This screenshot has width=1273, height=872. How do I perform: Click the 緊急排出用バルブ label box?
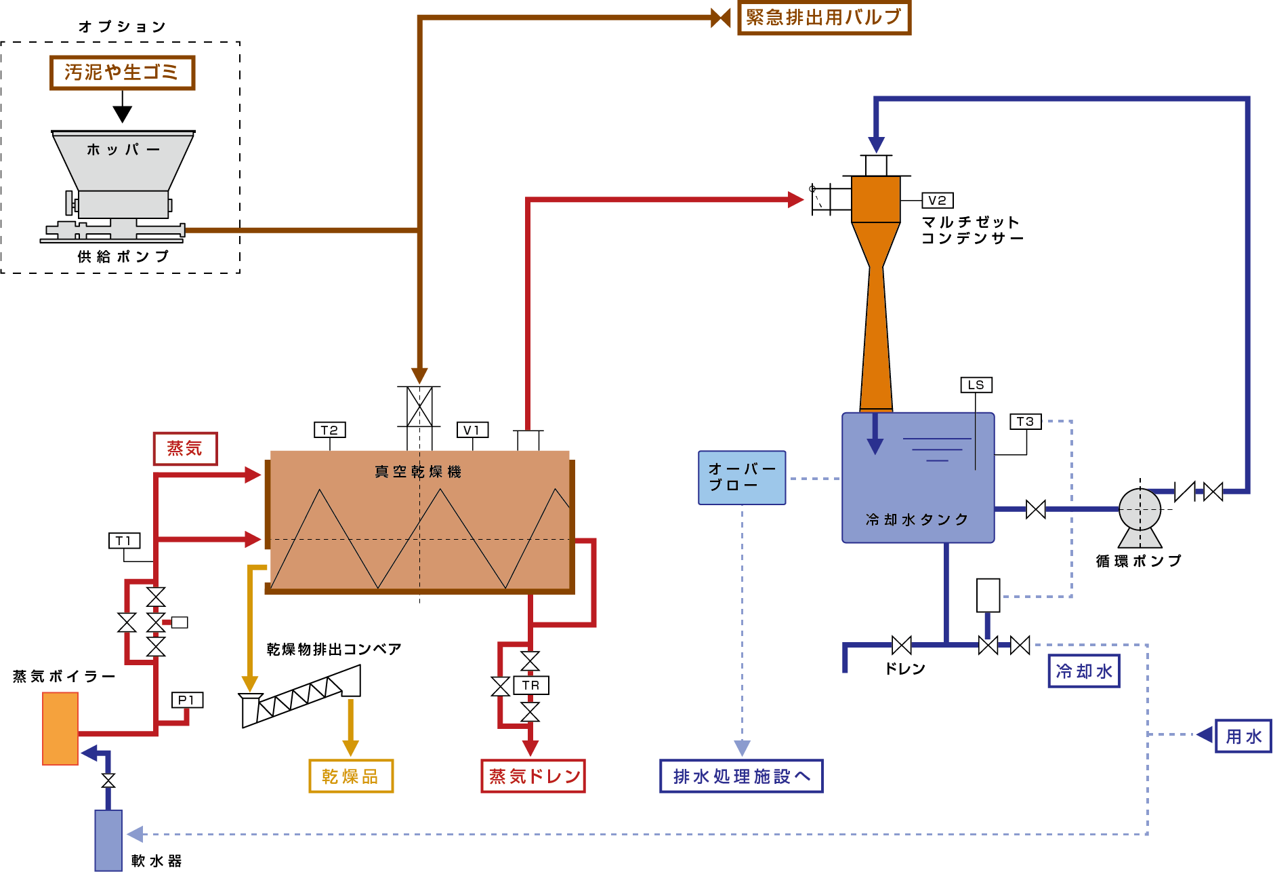point(824,17)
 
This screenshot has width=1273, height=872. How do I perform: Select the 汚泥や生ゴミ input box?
point(122,73)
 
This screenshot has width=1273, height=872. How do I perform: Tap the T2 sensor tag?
point(330,430)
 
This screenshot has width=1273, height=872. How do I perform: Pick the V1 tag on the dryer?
point(472,430)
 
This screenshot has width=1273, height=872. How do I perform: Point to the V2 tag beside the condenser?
point(937,201)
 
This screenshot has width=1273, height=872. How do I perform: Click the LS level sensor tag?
point(976,385)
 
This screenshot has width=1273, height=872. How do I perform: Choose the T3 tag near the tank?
point(1025,422)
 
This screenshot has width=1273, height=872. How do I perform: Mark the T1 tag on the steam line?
point(124,540)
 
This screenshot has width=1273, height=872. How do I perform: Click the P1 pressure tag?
point(187,700)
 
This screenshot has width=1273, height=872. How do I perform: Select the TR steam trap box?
point(531,686)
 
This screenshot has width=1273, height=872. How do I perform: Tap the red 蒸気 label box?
point(185,448)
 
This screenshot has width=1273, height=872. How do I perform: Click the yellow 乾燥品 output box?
point(350,776)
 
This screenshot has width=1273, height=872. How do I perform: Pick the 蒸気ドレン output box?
point(533,776)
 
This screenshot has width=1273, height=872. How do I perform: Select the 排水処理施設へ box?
point(741,776)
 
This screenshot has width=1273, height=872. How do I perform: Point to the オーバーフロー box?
point(742,478)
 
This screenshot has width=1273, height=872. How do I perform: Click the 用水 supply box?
point(1243,736)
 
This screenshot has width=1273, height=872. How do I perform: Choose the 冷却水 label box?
point(1083,671)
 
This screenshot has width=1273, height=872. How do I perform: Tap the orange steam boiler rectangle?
point(60,728)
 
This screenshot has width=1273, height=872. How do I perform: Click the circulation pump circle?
point(1140,509)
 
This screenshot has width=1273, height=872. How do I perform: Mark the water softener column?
point(108,840)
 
